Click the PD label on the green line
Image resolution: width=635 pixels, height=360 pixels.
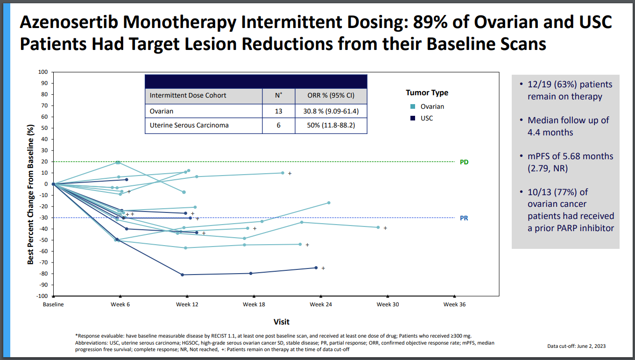pos(464,162)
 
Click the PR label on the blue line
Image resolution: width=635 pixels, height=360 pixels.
pos(464,218)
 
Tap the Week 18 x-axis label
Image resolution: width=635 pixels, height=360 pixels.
pos(254,304)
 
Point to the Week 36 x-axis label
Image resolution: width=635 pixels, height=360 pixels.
pos(454,304)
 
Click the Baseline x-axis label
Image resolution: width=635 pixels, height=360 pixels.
pos(53,304)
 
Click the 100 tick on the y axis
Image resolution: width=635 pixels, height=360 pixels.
pos(43,72)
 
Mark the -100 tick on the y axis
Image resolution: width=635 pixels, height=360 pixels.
pos(42,296)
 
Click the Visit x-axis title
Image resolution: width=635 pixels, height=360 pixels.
pos(282,322)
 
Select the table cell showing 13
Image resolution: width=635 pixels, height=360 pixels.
pos(278,111)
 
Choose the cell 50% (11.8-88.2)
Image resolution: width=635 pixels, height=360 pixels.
pos(331,125)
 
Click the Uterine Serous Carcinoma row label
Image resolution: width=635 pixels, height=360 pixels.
pos(189,125)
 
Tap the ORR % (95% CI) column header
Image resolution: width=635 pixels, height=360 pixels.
pos(331,95)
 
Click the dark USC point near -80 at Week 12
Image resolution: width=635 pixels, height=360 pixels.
pos(182,275)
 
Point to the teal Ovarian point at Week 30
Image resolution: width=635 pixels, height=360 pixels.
pos(378,227)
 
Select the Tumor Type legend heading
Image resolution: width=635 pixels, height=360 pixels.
pos(427,92)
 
